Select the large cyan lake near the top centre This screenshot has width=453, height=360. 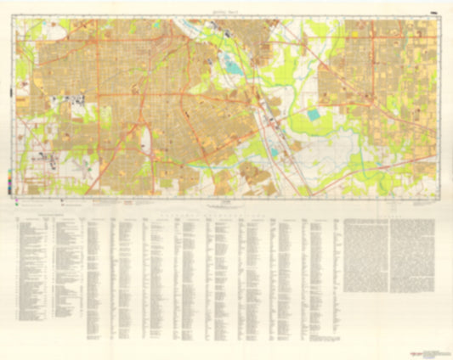[232, 63]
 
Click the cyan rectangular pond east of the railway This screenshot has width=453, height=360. [314, 115]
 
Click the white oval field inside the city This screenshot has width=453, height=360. [145, 137]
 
